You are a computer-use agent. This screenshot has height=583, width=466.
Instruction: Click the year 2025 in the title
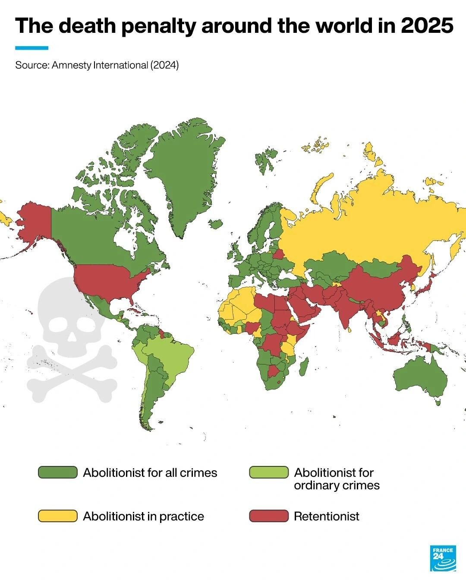427,26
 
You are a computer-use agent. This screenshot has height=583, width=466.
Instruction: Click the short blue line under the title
31,48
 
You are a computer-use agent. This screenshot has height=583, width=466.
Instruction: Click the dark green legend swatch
57,472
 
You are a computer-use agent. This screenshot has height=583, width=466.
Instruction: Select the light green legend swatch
268,472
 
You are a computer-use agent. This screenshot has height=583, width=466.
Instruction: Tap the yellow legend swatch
57,516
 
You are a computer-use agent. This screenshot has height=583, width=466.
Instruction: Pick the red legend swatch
268,516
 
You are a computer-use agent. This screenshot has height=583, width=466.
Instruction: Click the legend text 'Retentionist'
326,516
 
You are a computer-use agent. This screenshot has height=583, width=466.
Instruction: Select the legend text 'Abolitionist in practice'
143,516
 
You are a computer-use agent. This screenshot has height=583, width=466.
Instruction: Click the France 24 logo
443,558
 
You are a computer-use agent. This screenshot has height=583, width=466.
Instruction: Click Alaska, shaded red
35,220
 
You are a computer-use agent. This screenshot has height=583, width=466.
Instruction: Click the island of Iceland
215,224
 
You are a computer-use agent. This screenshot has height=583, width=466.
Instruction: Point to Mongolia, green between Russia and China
380,268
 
